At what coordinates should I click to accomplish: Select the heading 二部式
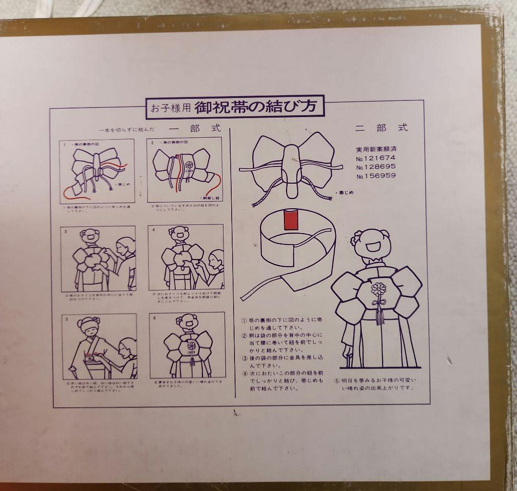coord(382,128)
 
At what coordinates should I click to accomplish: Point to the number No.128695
coord(377,167)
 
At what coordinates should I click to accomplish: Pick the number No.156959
coord(377,176)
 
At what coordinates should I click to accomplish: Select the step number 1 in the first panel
coord(64,143)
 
